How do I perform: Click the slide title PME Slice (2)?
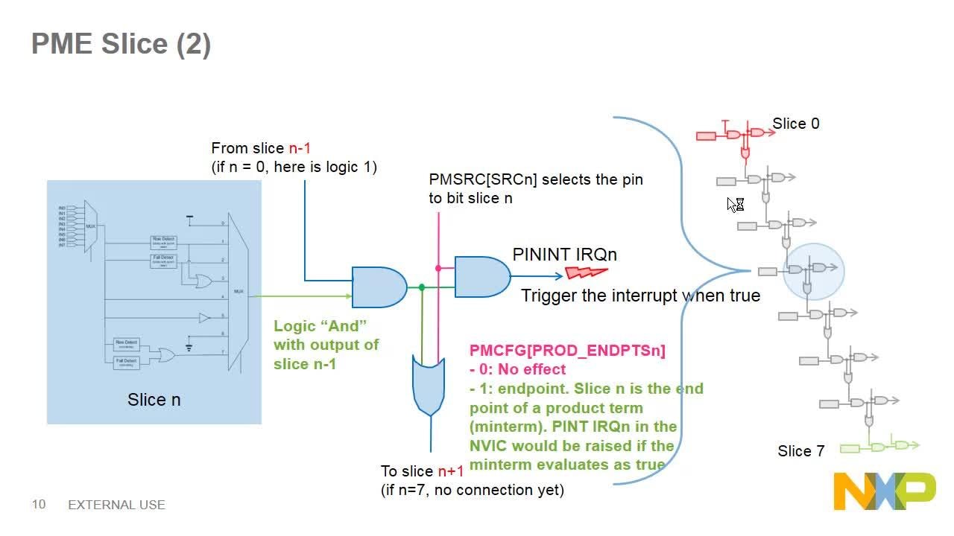[121, 45]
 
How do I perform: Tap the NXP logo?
[884, 491]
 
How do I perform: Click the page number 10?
[39, 505]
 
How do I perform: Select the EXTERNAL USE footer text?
[116, 505]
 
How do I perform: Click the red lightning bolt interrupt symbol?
[587, 272]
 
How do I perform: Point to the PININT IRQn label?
[564, 255]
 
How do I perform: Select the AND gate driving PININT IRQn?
[481, 277]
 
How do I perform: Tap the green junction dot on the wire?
[422, 287]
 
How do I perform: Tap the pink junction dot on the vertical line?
[439, 268]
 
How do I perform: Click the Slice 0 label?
[795, 124]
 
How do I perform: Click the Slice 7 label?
[800, 451]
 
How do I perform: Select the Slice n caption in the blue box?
[154, 400]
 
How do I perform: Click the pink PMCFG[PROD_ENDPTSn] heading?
[567, 350]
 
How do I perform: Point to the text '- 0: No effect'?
[517, 369]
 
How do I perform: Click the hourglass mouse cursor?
[736, 204]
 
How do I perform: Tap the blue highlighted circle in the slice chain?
[813, 271]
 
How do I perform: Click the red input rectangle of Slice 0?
[706, 135]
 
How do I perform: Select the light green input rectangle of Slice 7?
[850, 448]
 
